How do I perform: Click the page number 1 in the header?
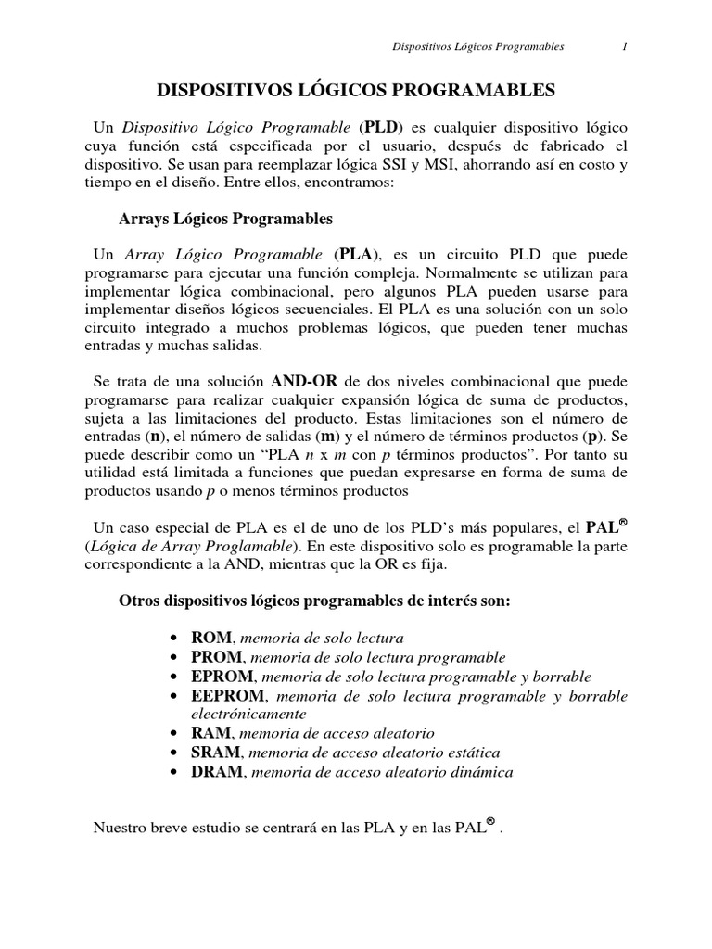625,45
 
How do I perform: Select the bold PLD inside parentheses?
381,127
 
